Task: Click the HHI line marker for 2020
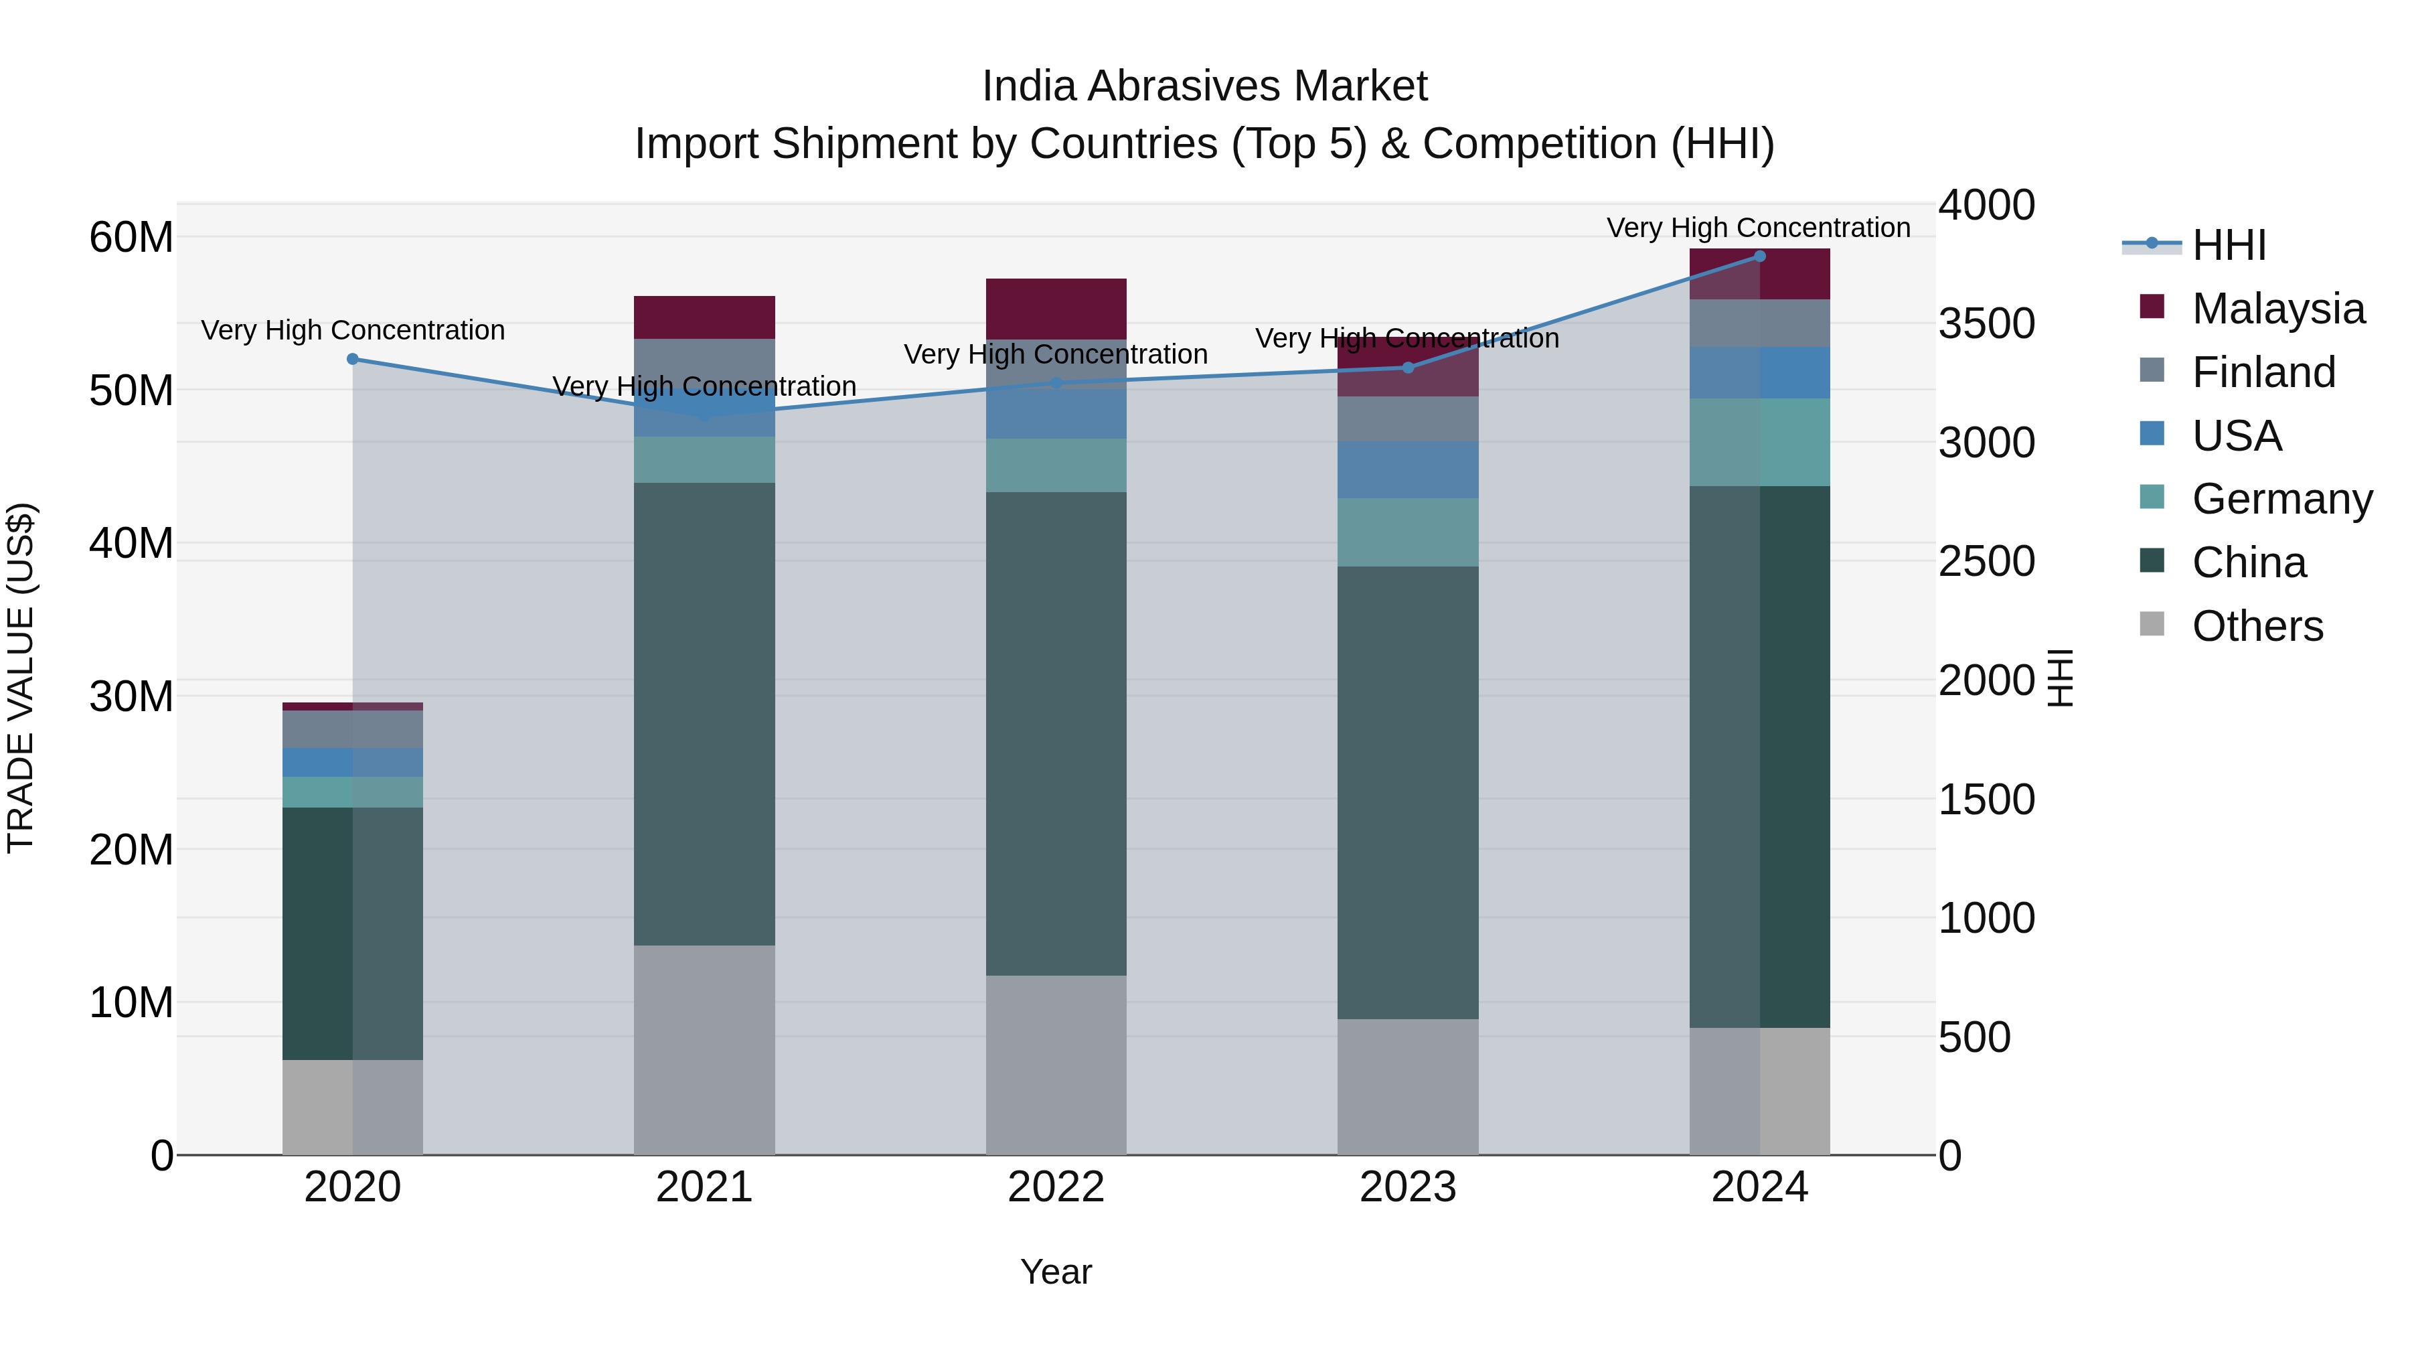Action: tap(353, 360)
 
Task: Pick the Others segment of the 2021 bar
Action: tap(704, 1050)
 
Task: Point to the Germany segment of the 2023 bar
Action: tap(1407, 532)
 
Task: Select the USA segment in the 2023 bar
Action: tap(1407, 470)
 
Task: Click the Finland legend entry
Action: tap(2263, 372)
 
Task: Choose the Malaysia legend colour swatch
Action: tap(2152, 307)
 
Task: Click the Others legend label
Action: tap(2257, 626)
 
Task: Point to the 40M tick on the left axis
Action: tap(131, 544)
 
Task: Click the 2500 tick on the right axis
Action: tap(1986, 562)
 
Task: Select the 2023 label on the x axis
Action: tap(1407, 1187)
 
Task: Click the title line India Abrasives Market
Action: tap(1204, 86)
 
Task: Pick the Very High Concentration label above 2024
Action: tap(1758, 228)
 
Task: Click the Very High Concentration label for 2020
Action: tap(353, 330)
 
